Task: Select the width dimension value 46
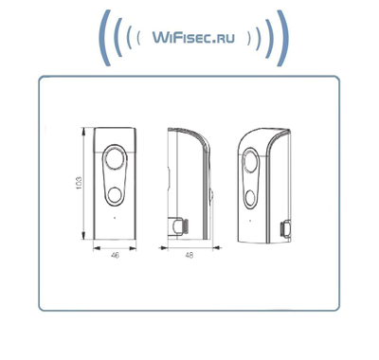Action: (116, 257)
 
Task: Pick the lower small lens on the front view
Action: (116, 196)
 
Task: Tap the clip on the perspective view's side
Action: (285, 227)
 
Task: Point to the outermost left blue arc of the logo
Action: (103, 37)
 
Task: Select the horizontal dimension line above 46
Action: (116, 249)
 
